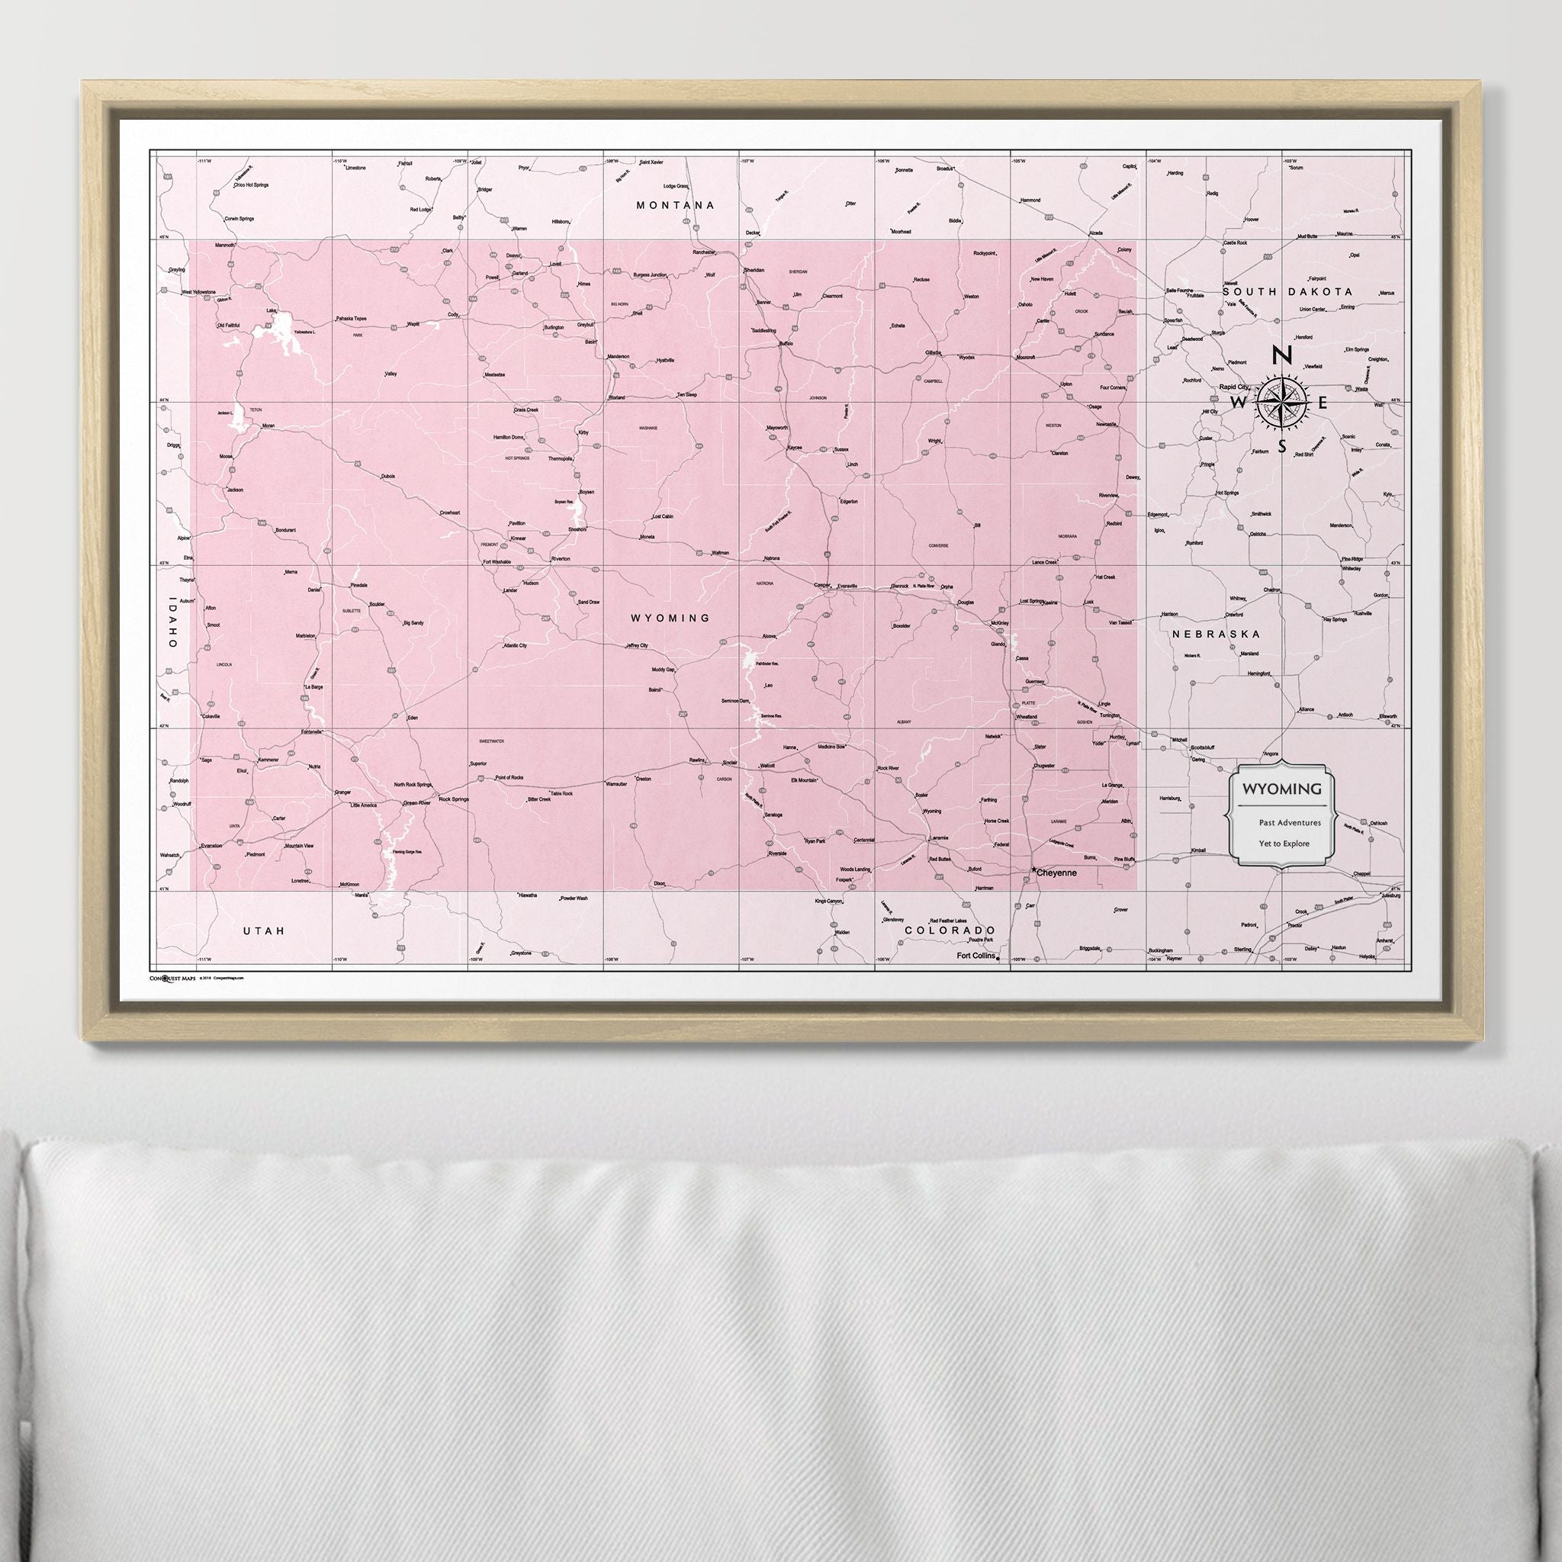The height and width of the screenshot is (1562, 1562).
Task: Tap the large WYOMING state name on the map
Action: coord(671,619)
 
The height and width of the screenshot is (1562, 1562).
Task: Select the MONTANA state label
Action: coord(676,205)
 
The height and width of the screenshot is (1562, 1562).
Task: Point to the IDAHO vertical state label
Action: coord(171,622)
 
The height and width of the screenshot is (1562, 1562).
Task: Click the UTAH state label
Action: coord(265,931)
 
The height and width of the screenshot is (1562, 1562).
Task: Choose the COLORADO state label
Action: coord(949,930)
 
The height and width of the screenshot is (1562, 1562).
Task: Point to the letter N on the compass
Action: coord(1281,355)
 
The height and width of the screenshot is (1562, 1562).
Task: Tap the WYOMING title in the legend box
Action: coord(1282,789)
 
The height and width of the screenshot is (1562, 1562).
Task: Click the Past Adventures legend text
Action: coord(1290,823)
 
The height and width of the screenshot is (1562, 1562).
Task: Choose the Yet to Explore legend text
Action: coord(1284,844)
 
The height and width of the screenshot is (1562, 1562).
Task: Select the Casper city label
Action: coord(822,584)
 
